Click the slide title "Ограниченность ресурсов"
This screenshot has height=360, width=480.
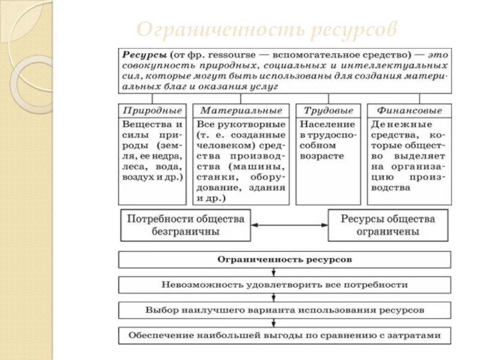pos(266,29)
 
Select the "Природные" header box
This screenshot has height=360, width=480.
pos(152,110)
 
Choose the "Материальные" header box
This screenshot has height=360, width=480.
pos(241,110)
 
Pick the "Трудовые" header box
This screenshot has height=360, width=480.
pos(328,110)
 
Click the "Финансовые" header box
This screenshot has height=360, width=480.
pos(409,110)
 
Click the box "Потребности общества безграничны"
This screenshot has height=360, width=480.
pos(185,225)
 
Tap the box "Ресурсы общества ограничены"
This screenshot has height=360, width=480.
pos(388,225)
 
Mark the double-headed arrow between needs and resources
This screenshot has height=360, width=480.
pos(289,225)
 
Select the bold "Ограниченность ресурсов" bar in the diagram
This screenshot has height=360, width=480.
pos(284,260)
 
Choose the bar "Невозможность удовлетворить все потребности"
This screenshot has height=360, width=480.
pos(284,284)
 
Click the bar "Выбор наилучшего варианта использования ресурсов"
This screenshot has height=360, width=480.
pos(284,310)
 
